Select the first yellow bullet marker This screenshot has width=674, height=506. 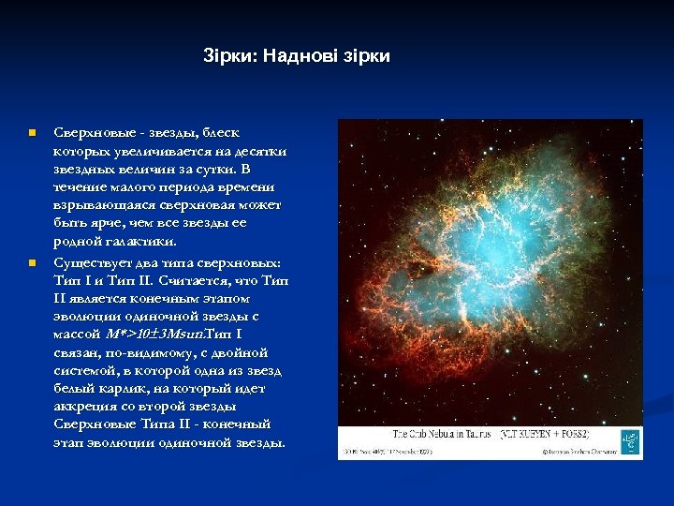(31, 134)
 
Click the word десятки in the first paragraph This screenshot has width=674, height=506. (264, 151)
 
